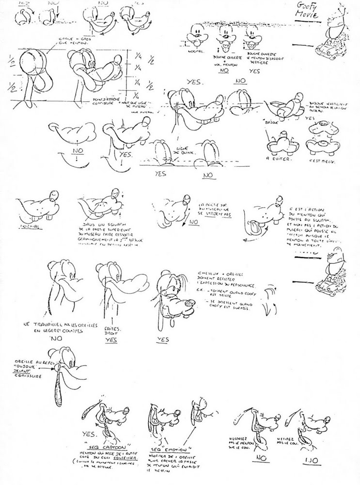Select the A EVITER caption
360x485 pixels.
(x=274, y=158)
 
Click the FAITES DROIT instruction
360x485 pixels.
(x=111, y=331)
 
